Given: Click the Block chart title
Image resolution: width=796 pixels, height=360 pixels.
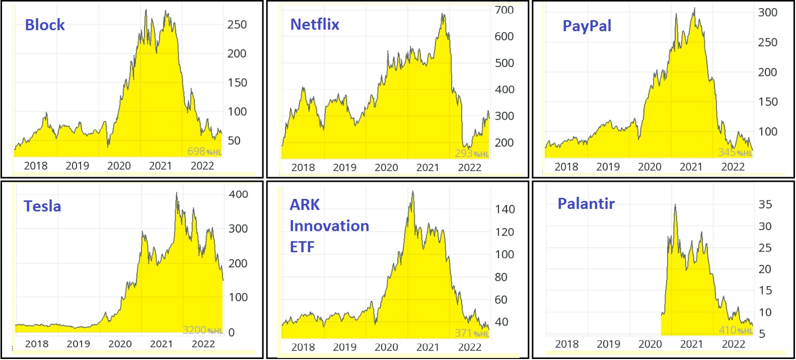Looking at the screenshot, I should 45,25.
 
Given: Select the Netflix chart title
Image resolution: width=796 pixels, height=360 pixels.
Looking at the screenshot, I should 315,25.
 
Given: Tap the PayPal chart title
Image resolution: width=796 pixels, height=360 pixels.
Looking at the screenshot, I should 587,26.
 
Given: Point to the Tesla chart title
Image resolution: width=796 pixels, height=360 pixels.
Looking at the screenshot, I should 42,206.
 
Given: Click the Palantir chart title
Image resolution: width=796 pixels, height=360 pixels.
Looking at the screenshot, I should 586,204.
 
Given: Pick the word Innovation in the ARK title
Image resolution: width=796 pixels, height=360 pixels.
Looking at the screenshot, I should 329,226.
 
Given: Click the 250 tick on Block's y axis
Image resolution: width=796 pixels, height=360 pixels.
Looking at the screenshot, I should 237,25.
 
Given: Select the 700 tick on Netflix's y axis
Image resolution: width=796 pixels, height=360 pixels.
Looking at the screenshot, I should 504,10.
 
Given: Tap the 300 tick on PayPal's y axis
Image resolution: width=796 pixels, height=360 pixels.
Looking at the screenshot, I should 768,13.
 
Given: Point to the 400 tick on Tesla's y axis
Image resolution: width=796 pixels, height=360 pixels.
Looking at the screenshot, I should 238,194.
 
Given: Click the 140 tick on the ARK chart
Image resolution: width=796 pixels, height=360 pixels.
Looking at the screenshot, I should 504,209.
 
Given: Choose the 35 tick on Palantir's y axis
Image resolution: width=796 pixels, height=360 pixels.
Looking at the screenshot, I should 765,204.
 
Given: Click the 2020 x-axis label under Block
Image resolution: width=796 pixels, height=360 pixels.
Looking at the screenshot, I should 119,166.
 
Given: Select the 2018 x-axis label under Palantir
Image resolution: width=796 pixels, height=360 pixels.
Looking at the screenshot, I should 567,344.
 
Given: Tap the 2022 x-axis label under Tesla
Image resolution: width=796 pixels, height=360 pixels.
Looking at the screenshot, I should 203,344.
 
